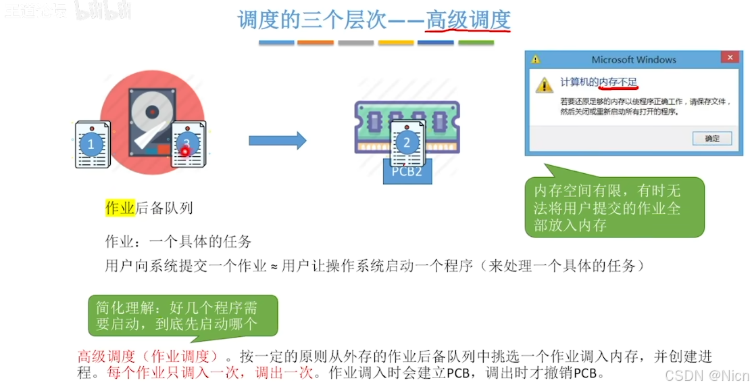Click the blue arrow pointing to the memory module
click(x=277, y=141)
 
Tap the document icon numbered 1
click(x=91, y=144)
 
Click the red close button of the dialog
click(x=728, y=59)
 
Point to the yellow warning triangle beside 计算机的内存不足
click(x=544, y=85)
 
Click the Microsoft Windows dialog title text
click(x=633, y=60)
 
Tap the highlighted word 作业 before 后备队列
click(x=120, y=208)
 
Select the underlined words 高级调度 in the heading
click(x=468, y=20)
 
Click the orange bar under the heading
click(x=316, y=43)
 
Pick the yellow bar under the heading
click(x=395, y=43)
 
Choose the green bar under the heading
click(x=476, y=43)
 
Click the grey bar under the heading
click(x=355, y=43)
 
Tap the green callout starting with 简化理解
click(x=182, y=315)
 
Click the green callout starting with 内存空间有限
click(x=614, y=208)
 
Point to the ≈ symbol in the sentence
click(x=274, y=267)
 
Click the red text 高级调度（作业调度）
click(x=148, y=357)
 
